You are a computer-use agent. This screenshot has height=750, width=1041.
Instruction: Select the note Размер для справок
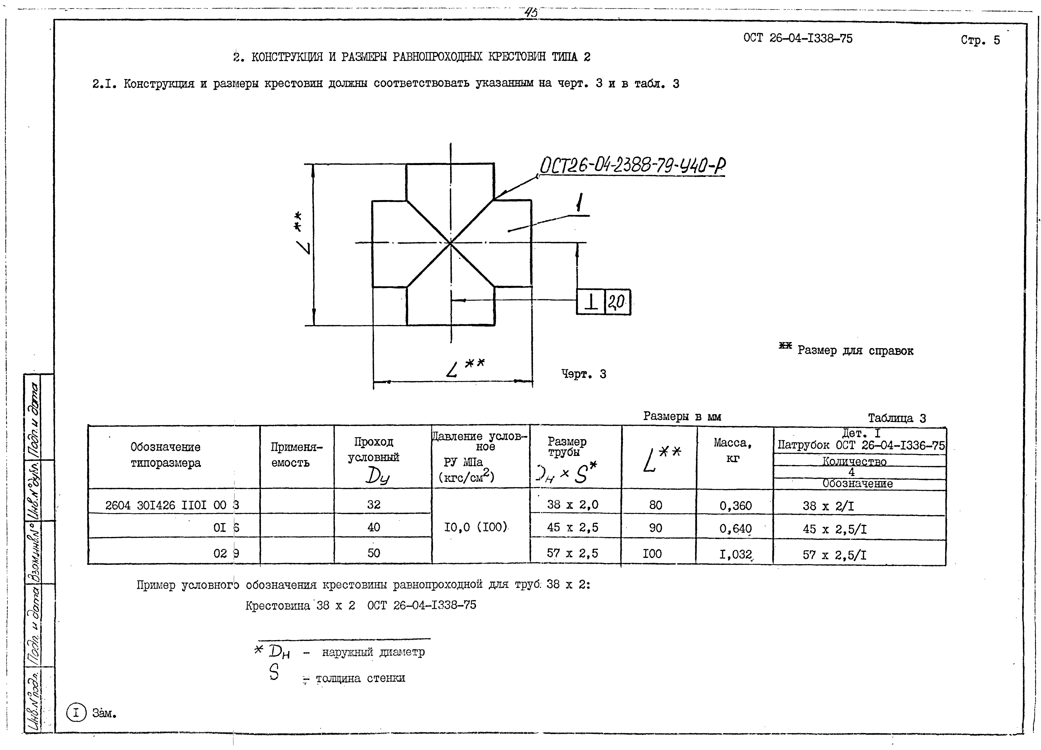[x=855, y=351]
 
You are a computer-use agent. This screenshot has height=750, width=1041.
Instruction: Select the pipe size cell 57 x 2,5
[x=572, y=553]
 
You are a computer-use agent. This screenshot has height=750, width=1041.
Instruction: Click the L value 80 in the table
[x=655, y=505]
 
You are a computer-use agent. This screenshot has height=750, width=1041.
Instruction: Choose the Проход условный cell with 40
[x=374, y=527]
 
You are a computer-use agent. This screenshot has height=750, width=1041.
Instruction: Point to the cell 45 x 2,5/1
[x=834, y=530]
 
